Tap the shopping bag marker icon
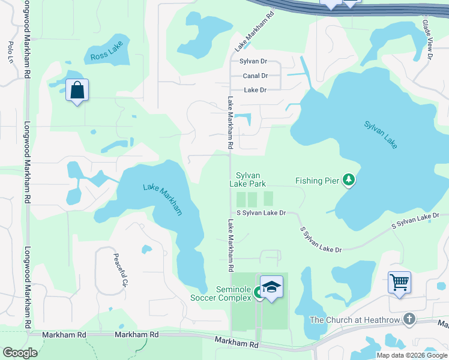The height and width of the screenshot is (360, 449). (x=77, y=91)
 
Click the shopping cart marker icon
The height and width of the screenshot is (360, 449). (x=399, y=282)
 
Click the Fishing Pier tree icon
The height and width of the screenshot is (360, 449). (x=348, y=179)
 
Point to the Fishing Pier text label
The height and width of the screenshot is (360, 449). (x=318, y=180)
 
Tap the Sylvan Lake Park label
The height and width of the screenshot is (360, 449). (x=247, y=179)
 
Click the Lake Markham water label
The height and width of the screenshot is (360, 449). (x=162, y=199)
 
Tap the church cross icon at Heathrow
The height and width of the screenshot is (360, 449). (x=409, y=319)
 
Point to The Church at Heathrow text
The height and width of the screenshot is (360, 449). (x=354, y=320)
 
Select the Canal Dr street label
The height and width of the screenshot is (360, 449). (x=255, y=76)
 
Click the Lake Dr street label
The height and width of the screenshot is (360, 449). (x=255, y=90)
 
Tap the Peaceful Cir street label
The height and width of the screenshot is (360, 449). (x=121, y=269)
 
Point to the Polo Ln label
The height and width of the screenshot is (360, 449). (x=11, y=52)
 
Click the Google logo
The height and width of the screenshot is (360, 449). (x=20, y=352)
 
